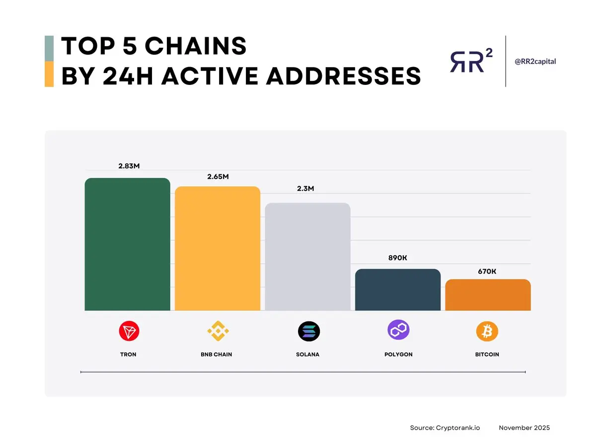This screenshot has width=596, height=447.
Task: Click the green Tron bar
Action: click(x=127, y=244)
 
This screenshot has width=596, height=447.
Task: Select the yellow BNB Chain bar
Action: click(x=217, y=248)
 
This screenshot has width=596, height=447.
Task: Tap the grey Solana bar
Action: click(x=307, y=257)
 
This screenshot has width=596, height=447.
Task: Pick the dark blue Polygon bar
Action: click(x=398, y=290)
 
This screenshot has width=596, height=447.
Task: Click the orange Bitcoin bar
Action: click(x=488, y=295)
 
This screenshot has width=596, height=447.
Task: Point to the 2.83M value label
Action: click(x=129, y=166)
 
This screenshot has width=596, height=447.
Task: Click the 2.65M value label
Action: click(x=218, y=177)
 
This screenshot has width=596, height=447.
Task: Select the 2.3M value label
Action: click(x=306, y=189)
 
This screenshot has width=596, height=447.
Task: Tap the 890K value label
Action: click(x=398, y=258)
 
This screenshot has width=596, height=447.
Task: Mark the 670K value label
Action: click(x=487, y=271)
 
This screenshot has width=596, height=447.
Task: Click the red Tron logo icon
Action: click(x=129, y=331)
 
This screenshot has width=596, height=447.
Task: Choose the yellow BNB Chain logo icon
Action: click(x=217, y=331)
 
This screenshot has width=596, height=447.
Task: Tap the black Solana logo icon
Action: click(x=309, y=331)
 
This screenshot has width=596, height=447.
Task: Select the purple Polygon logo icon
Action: click(x=398, y=330)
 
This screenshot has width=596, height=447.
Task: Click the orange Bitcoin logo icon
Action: click(x=487, y=331)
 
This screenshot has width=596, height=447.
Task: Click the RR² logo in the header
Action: click(x=471, y=62)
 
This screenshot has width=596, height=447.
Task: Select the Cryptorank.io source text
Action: click(x=449, y=428)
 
